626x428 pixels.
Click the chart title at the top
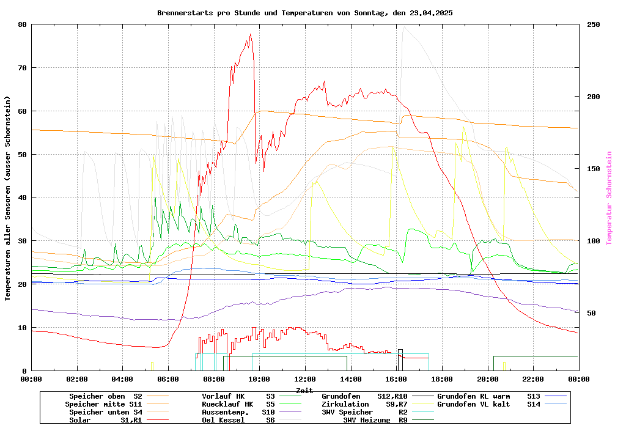304,13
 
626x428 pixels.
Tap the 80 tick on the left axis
23,24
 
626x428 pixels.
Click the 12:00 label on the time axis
304,380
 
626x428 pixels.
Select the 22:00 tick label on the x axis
533,380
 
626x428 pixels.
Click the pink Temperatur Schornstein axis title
609,198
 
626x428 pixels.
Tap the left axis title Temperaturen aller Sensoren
8,198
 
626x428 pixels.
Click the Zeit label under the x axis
304,390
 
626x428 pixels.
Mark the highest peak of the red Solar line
250,34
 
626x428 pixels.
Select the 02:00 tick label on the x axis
77,380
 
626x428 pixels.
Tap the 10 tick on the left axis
23,328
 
